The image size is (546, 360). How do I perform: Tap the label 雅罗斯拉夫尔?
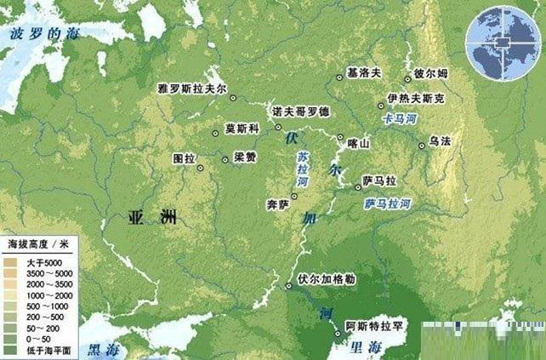195,89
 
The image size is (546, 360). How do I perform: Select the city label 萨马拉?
379,181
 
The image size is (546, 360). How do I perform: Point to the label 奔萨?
278,204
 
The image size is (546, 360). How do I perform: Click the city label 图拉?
184,158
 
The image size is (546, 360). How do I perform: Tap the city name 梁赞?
246,158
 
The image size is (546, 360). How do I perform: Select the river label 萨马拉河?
387,204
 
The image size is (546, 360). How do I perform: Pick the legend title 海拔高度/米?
37,244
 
